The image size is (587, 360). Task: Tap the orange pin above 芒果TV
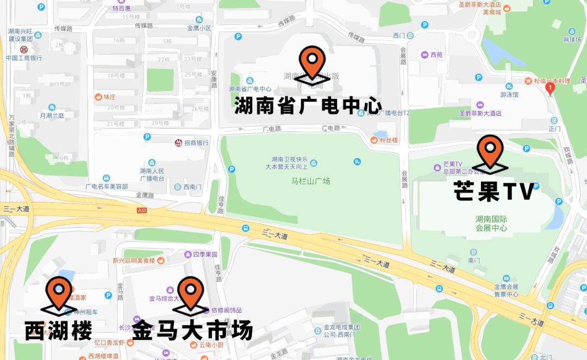490,150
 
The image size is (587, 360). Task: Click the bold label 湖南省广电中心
308,105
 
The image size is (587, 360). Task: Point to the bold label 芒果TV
494,191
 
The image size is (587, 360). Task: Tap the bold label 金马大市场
192,330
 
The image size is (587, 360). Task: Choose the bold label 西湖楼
59,330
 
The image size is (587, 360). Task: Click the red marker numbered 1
549,87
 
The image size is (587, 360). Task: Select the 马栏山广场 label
311,181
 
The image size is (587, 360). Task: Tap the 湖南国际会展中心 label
491,224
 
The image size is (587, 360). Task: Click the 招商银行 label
196,143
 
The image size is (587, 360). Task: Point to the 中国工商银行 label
24,58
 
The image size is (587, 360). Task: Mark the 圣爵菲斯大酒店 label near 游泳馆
480,113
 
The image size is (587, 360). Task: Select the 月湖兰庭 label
52,116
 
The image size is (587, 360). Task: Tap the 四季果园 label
205,254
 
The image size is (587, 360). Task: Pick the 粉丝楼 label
389,140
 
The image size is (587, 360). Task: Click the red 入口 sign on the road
142,210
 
